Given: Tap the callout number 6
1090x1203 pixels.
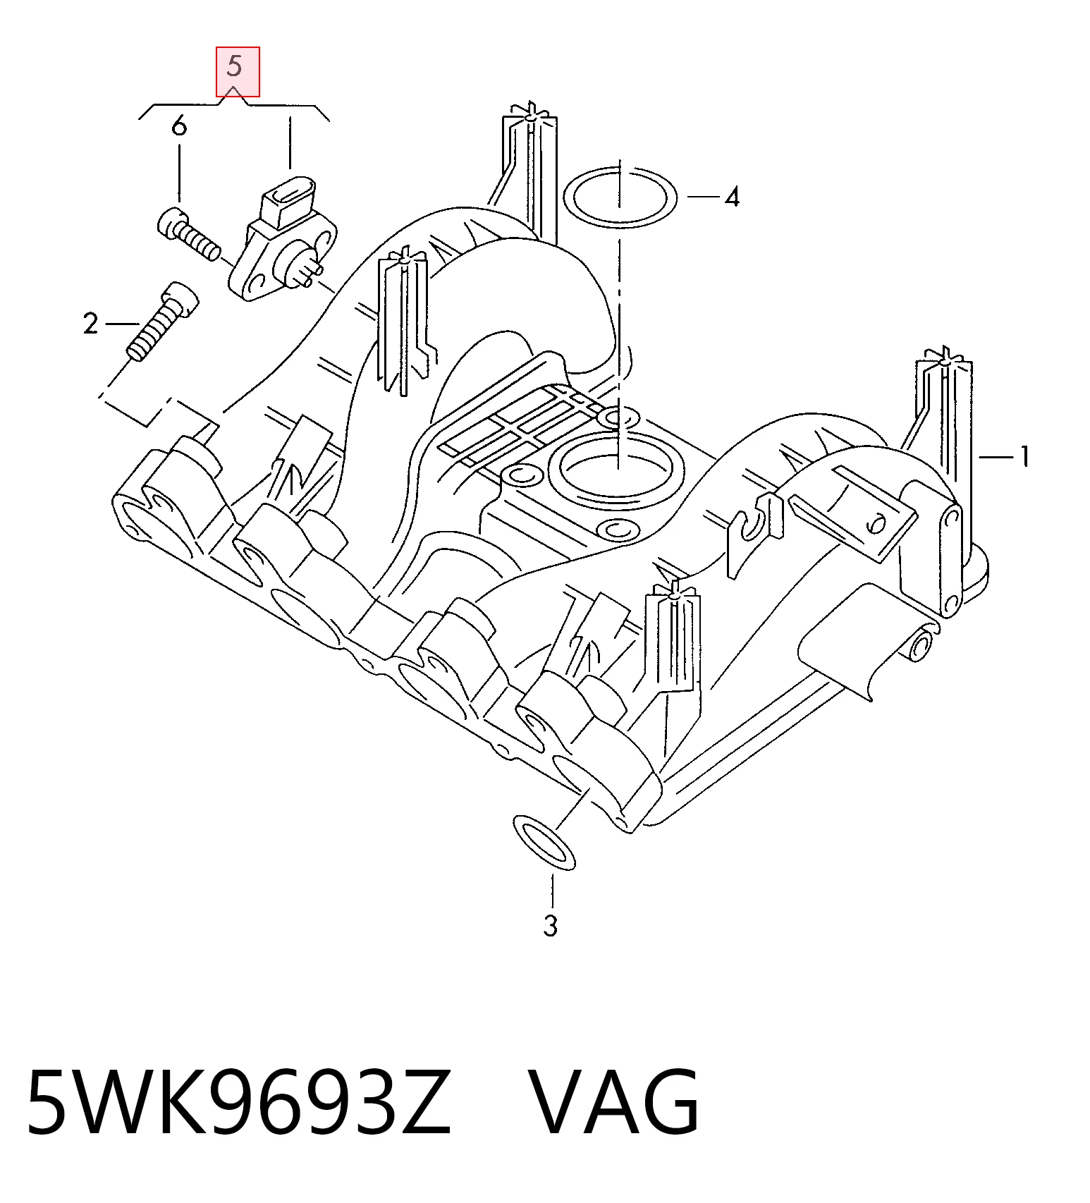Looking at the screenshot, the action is pos(180,127).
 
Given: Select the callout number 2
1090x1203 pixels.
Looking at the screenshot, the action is pos(90,324).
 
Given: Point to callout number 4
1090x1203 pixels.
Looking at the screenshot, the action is pos(733,197).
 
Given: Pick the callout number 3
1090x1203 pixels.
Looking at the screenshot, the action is pos(551,926).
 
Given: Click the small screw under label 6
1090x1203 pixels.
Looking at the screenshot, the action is pos(188,234).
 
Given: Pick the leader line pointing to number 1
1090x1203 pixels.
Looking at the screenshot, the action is pos(995,458).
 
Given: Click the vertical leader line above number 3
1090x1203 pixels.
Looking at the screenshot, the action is pos(553,891).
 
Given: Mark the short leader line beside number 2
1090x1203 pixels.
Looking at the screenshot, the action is pos(123,324).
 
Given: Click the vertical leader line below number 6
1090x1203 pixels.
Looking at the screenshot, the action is pos(180,173).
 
